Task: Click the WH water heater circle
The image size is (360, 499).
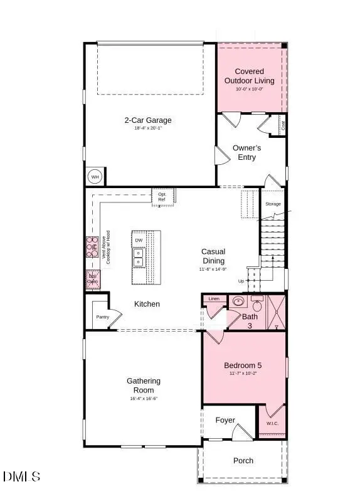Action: (x=95, y=177)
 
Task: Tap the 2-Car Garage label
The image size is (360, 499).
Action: (x=147, y=120)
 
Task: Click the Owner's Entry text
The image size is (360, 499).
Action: (x=246, y=152)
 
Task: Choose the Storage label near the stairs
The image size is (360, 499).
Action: (x=273, y=204)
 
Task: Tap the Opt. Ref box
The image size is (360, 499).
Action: (x=162, y=196)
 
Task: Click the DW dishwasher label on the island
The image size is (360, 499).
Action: (x=139, y=240)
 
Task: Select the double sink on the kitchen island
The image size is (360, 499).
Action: (x=139, y=258)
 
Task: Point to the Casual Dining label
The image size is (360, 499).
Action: (x=213, y=256)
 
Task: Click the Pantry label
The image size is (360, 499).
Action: (x=102, y=317)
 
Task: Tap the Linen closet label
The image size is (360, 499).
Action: (x=214, y=300)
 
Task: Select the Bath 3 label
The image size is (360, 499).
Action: (x=250, y=320)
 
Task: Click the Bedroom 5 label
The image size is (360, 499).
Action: (x=243, y=365)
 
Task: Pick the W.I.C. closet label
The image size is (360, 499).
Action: (x=272, y=423)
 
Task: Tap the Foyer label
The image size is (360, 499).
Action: (x=225, y=420)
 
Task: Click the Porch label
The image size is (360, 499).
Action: (x=243, y=461)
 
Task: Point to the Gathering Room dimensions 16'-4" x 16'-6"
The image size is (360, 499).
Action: (x=144, y=399)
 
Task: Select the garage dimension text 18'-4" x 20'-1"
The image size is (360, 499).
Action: (x=147, y=129)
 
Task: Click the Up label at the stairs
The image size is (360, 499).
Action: (x=241, y=281)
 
